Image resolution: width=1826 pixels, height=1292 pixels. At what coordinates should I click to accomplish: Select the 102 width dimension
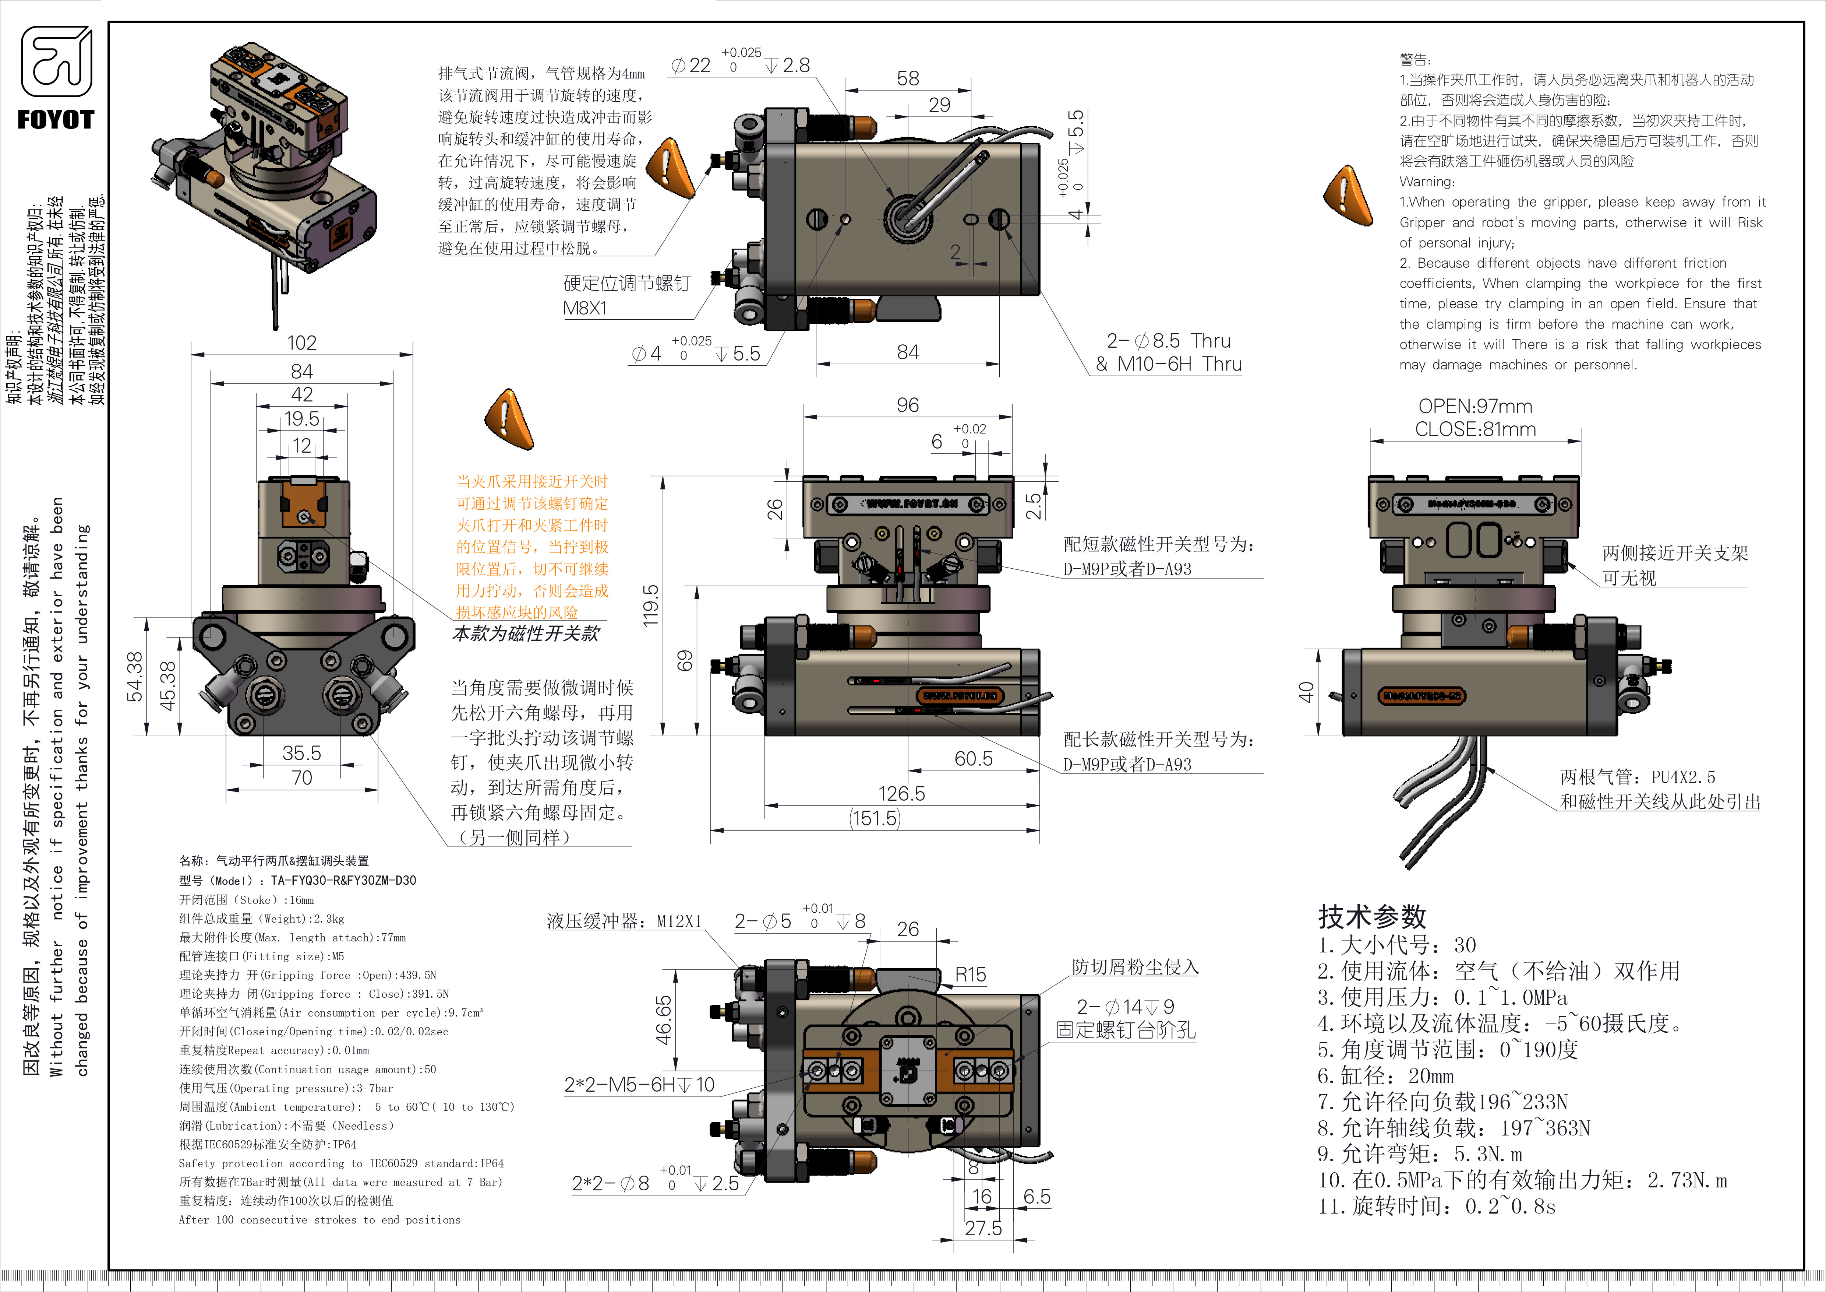click(x=301, y=343)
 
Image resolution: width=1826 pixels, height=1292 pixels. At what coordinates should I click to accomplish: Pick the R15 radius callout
click(x=970, y=975)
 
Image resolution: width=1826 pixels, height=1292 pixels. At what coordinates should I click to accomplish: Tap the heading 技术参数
click(x=1372, y=916)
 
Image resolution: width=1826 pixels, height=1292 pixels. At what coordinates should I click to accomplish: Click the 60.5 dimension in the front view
click(x=974, y=759)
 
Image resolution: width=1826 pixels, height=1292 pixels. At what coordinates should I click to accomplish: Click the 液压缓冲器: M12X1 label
click(x=624, y=921)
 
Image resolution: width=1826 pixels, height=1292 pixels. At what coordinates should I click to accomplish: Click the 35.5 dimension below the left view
click(x=301, y=754)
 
